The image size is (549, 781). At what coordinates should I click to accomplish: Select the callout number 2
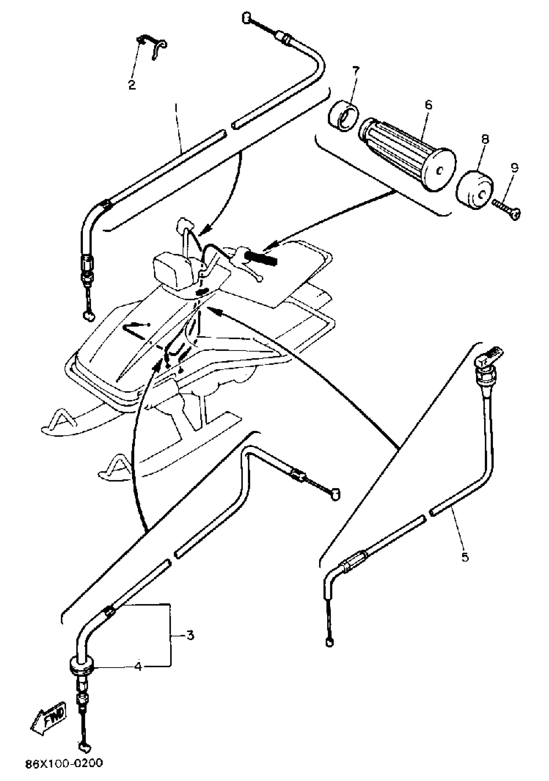(x=132, y=84)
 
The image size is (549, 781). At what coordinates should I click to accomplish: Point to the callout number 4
(x=138, y=666)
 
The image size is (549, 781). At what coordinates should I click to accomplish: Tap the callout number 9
(x=514, y=167)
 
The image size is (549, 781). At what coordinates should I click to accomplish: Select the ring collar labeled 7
(x=344, y=116)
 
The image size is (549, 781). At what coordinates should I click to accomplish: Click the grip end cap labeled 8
(x=474, y=190)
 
